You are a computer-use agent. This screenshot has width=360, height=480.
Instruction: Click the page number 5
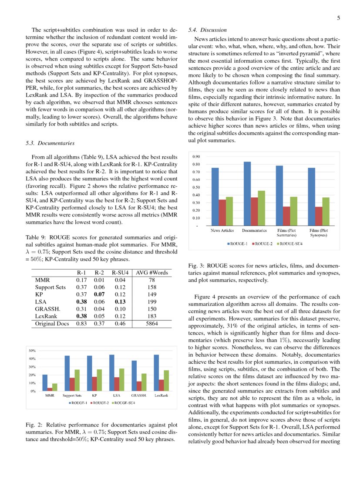(x=338, y=18)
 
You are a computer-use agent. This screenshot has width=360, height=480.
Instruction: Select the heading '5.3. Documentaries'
(x=50, y=143)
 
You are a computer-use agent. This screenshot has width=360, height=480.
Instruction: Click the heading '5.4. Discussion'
(x=208, y=30)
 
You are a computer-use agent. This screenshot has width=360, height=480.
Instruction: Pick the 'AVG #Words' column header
(x=151, y=273)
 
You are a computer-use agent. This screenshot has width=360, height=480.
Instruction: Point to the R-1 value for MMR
(x=81, y=280)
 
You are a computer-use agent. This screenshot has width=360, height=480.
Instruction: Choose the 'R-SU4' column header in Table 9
(x=119, y=273)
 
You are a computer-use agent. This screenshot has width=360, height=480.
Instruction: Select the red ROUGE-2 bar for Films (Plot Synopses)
(x=319, y=216)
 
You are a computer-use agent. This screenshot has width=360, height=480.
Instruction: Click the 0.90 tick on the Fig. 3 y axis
(x=197, y=157)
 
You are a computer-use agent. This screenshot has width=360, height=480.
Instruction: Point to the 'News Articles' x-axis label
(x=222, y=230)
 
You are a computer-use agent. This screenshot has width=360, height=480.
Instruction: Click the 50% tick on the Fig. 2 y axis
(x=32, y=351)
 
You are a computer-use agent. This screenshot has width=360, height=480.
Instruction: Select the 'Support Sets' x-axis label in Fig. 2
(x=72, y=395)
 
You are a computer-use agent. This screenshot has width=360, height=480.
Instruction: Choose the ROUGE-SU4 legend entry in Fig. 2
(x=122, y=403)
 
